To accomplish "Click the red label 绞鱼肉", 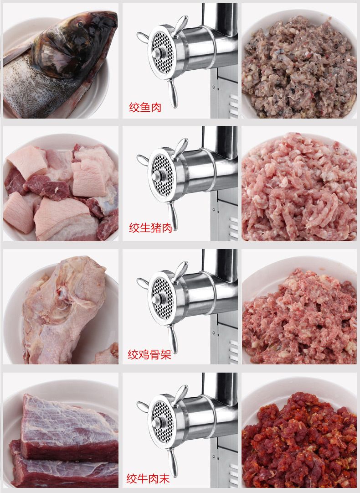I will (x=145, y=108).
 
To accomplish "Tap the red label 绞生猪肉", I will (x=150, y=228).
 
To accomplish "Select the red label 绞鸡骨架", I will (x=149, y=354).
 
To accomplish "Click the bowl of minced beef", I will (x=298, y=438).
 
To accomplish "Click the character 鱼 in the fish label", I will (x=145, y=108).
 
